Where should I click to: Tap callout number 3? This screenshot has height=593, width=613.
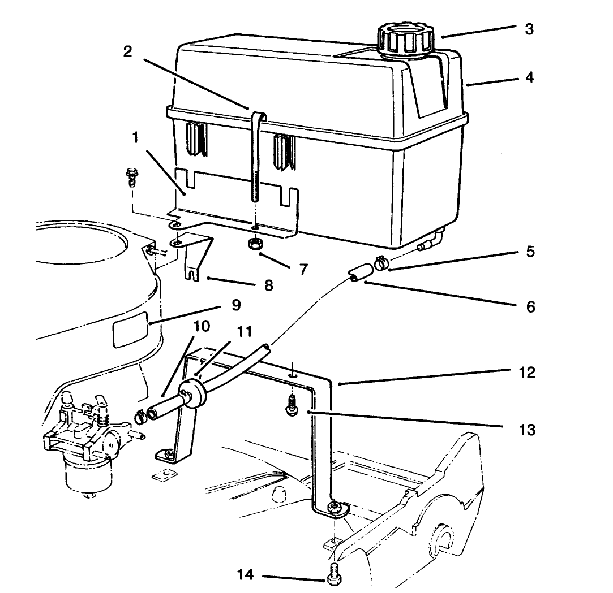[x=529, y=29]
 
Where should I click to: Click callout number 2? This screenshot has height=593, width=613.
[x=128, y=52]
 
